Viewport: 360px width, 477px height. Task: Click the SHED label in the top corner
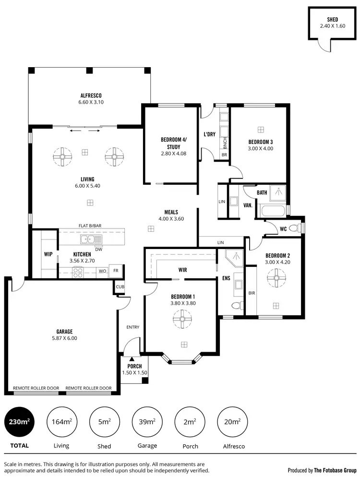click(x=332, y=19)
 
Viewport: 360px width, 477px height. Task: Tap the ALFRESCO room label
click(x=91, y=95)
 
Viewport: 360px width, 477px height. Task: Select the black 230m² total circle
click(x=19, y=422)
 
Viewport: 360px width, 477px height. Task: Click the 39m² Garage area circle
click(x=147, y=422)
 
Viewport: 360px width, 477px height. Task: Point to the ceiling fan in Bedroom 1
click(x=182, y=319)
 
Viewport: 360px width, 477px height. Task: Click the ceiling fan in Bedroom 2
click(x=276, y=277)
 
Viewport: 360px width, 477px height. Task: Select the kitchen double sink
click(x=90, y=239)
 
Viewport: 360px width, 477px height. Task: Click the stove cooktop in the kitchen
click(x=78, y=272)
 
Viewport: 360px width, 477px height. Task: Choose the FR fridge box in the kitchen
click(x=116, y=271)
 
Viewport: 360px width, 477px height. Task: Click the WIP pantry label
click(x=48, y=254)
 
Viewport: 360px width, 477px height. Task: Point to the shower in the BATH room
click(x=277, y=193)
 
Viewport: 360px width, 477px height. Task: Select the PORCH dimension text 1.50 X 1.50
click(x=134, y=373)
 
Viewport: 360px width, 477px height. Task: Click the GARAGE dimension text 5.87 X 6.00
click(x=64, y=338)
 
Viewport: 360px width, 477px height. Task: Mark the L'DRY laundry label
click(x=209, y=134)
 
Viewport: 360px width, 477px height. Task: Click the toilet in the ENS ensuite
click(x=237, y=306)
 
